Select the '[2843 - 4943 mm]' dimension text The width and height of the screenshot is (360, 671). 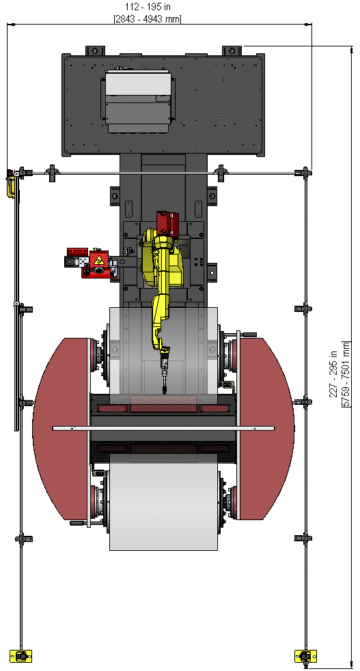click(x=148, y=19)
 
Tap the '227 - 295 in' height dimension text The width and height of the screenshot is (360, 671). click(x=333, y=373)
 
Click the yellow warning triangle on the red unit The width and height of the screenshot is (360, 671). click(x=99, y=260)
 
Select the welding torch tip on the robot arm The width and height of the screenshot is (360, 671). click(x=165, y=390)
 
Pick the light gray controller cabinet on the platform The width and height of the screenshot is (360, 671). click(x=138, y=102)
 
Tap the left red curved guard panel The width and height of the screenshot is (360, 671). click(x=61, y=429)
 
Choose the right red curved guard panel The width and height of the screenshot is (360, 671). click(x=266, y=429)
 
